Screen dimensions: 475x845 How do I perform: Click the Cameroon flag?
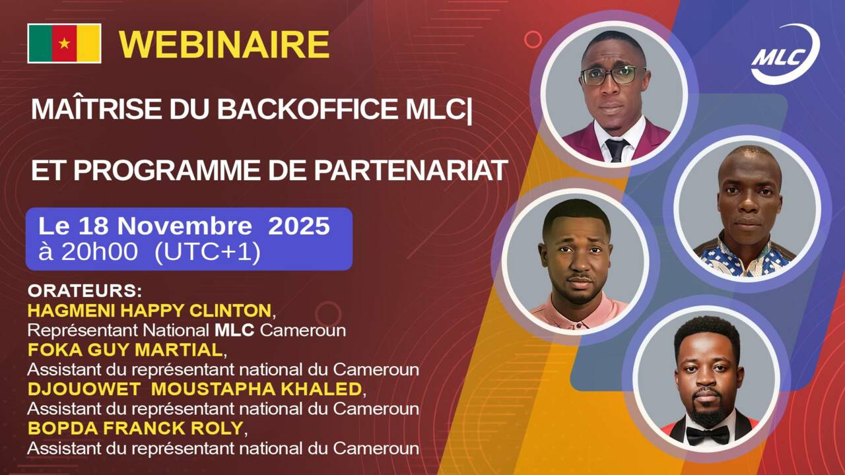64,44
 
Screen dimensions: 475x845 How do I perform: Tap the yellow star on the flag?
64,44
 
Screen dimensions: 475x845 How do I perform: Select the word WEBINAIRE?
224,45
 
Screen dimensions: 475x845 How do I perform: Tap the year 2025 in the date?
298,226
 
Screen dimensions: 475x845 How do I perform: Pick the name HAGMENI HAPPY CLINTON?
149,310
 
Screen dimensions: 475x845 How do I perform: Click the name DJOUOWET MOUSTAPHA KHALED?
194,389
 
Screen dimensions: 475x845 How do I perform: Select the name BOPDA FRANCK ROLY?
135,428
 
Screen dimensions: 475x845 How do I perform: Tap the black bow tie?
707,434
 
